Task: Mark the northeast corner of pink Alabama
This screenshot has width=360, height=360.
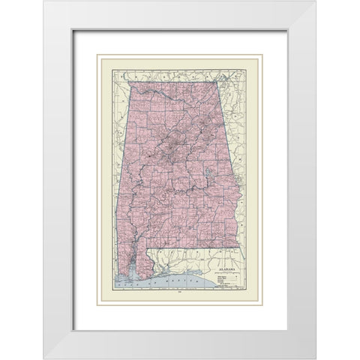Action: pos(212,85)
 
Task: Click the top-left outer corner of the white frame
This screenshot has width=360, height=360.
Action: pos(42,1)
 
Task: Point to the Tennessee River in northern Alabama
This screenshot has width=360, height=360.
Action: pos(161,94)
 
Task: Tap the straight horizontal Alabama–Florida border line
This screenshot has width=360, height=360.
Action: pos(191,247)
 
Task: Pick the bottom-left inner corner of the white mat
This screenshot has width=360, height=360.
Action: pos(73,330)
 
